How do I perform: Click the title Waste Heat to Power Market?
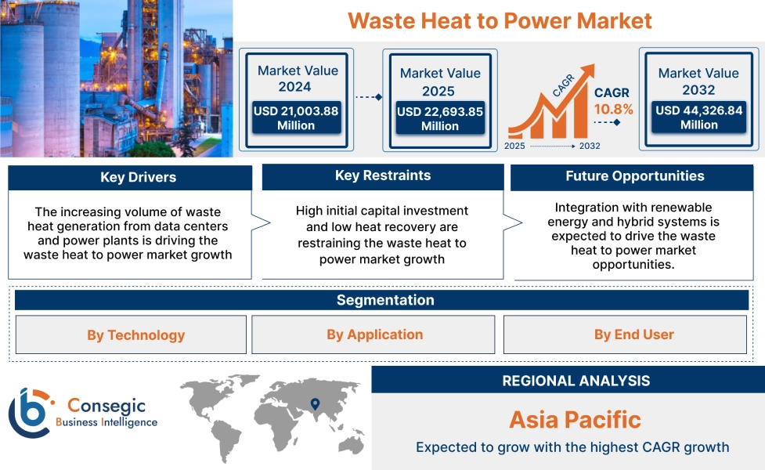500,21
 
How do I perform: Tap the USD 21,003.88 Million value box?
296,117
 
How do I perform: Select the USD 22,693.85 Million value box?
440,118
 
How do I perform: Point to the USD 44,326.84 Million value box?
699,117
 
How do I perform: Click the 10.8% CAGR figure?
613,110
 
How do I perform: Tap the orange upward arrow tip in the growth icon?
594,65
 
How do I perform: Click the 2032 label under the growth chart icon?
590,146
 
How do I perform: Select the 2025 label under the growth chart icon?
514,146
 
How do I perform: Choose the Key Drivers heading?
138,177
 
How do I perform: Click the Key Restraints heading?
383,175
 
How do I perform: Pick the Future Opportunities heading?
635,175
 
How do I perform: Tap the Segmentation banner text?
385,300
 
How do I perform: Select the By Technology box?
131,334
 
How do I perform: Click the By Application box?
373,334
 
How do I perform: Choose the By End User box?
625,334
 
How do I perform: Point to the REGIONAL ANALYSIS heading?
576,381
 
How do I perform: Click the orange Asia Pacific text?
576,420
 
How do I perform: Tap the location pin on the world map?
316,403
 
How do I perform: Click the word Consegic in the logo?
106,405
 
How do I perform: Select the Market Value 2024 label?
298,78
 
